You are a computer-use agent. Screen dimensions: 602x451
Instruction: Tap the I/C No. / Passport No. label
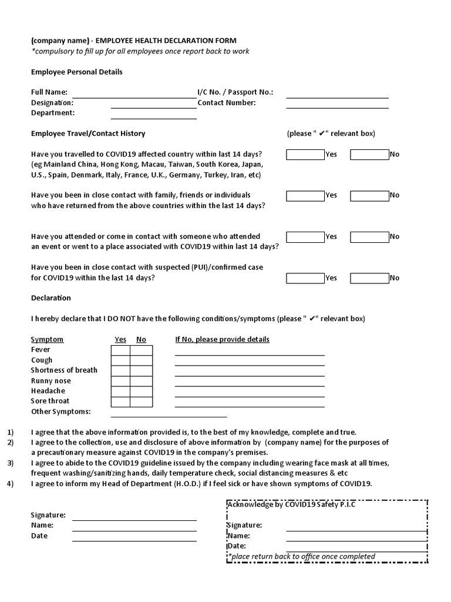tap(235, 92)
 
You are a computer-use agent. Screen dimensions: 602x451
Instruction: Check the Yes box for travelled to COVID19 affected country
tap(305, 155)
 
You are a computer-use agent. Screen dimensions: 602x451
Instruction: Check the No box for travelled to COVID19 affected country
tap(369, 155)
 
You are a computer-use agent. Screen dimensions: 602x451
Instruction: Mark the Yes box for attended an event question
tap(305, 237)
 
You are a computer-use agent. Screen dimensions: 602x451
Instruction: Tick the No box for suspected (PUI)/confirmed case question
tap(369, 278)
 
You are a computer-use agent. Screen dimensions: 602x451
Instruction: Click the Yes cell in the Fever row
tap(120, 350)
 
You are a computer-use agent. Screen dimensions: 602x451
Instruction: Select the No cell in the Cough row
tap(141, 360)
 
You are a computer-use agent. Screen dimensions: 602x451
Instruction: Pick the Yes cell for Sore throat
tap(120, 402)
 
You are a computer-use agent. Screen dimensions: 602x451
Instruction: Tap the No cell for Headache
tap(141, 392)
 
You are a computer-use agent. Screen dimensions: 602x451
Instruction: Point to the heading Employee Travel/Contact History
tap(88, 133)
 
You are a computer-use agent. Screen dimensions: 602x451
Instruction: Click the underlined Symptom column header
tap(47, 339)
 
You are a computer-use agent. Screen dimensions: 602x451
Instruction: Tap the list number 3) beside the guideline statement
tap(10, 463)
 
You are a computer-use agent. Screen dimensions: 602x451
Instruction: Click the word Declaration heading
tap(51, 298)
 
